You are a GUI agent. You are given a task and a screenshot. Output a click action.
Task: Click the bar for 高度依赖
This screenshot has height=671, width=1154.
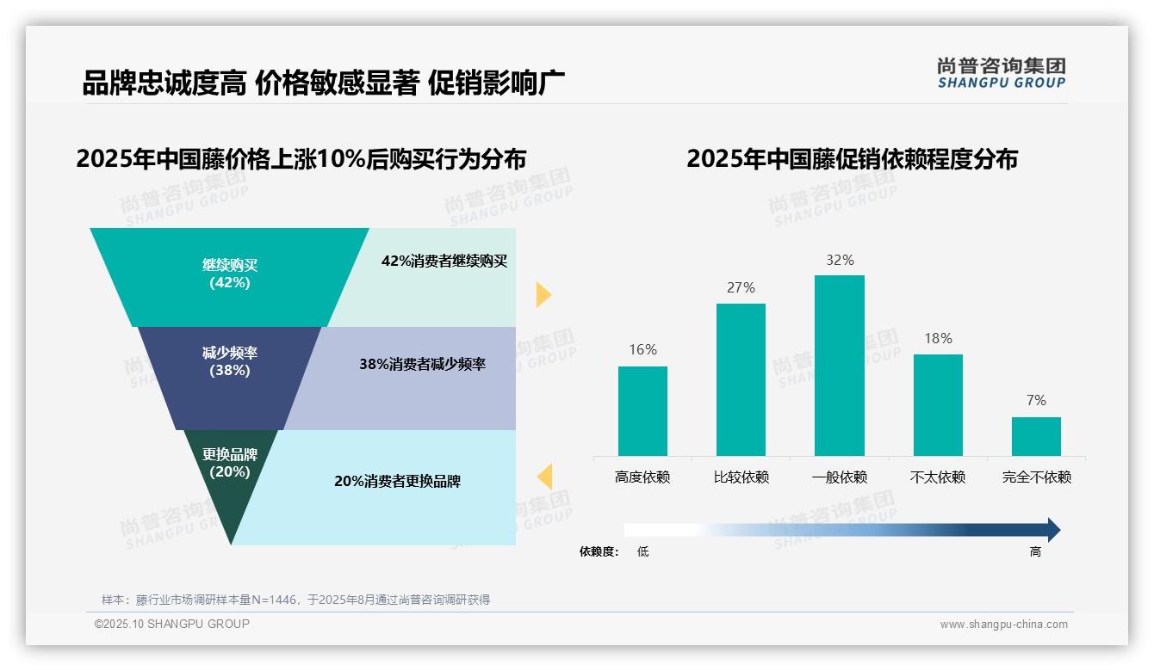point(642,411)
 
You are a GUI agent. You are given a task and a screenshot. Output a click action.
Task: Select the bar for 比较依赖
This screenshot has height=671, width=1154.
point(741,379)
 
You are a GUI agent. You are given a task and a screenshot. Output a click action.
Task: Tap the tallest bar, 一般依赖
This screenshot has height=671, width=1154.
point(839,366)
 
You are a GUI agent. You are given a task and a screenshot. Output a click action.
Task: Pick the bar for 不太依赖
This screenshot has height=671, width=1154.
point(938,405)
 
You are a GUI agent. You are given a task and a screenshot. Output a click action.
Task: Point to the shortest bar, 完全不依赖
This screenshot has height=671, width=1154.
point(1036,436)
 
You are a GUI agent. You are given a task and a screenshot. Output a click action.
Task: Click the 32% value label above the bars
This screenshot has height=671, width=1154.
point(840,260)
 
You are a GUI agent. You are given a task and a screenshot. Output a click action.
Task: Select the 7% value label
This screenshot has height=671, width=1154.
point(1036,401)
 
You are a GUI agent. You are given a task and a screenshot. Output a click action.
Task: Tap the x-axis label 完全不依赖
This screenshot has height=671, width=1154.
point(1036,477)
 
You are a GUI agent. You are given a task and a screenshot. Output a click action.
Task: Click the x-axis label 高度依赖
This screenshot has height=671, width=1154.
point(642,477)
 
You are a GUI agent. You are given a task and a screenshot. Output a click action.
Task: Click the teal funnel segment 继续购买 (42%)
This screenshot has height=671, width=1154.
point(229,275)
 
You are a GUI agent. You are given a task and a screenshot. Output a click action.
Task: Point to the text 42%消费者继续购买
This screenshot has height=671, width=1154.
point(444,262)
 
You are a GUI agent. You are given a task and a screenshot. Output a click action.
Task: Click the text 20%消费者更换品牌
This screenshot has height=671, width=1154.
point(397,482)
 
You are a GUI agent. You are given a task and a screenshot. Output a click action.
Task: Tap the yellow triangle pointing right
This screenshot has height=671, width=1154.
point(543,294)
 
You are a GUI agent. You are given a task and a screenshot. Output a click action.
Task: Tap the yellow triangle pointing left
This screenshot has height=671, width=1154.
point(544,477)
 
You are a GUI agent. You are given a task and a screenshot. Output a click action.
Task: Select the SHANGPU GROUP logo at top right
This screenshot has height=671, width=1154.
point(1001,73)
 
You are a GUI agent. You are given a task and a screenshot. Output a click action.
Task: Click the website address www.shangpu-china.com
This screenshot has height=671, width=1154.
point(1003,625)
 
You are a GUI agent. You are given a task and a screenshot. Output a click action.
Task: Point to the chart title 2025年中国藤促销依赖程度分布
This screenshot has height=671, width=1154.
point(852,159)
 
